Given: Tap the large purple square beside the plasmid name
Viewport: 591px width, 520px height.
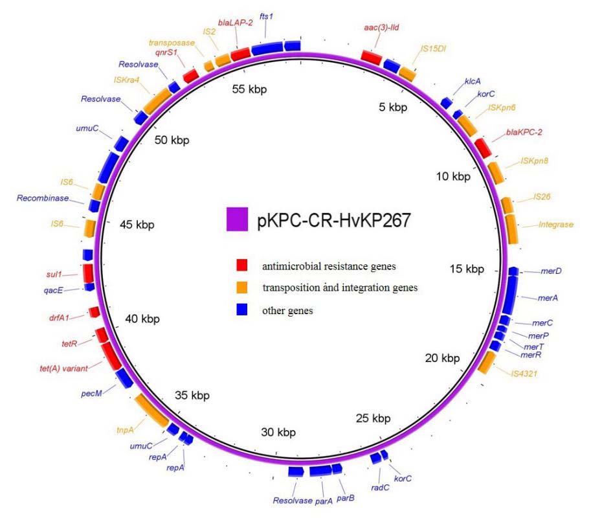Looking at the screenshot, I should coord(238,219).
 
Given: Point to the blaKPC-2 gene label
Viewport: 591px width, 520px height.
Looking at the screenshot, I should coord(526,132).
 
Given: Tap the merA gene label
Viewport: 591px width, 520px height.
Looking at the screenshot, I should coord(548,298).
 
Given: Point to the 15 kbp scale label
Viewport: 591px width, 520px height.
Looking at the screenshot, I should coord(465,268).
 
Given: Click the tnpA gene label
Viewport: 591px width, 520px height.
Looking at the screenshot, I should coord(125,427).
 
